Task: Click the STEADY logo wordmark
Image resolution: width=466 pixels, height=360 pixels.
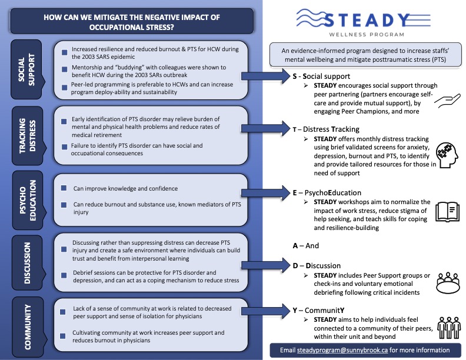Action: [363, 19]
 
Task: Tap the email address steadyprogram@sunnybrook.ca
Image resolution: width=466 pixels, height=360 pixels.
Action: [342, 350]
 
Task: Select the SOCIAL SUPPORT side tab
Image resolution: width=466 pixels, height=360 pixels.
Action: [26, 69]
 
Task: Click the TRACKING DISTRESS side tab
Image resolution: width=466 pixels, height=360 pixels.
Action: [28, 136]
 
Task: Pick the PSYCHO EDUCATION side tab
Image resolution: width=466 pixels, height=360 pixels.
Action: [28, 200]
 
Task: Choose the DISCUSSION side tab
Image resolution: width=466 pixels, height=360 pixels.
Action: [28, 263]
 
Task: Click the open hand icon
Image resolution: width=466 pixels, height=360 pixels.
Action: [447, 101]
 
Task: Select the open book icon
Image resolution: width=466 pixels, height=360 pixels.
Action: [448, 212]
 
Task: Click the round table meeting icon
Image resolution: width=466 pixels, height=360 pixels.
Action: [448, 283]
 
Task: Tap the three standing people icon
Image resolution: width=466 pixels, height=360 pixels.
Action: [449, 328]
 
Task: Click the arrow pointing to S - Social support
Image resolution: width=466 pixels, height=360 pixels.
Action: [266, 76]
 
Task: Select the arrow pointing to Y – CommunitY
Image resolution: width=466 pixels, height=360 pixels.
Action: [266, 311]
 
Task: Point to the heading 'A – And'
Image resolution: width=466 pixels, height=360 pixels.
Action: [306, 246]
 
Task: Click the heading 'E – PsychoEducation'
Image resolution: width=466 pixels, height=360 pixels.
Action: [327, 193]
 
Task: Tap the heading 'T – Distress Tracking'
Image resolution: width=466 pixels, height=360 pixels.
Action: [326, 129]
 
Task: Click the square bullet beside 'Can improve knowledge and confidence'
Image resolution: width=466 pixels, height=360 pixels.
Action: [64, 188]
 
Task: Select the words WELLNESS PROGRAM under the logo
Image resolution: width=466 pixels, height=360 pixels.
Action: [367, 35]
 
